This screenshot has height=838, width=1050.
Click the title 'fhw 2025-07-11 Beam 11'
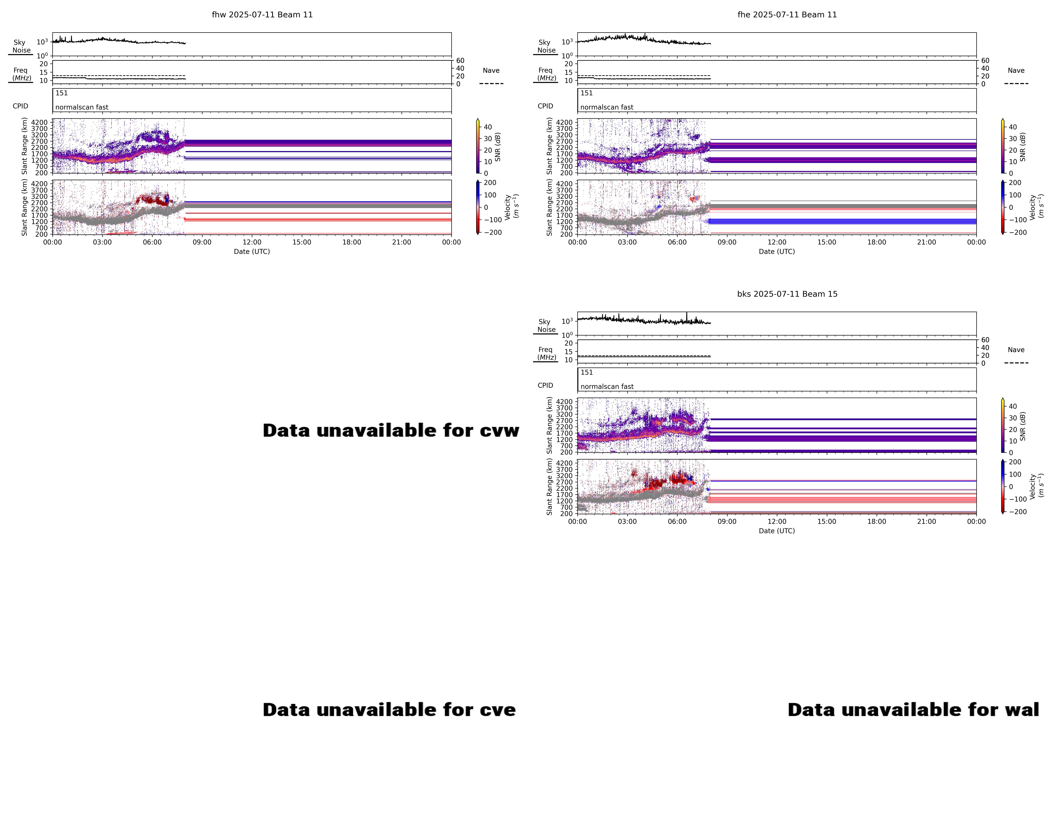[262, 15]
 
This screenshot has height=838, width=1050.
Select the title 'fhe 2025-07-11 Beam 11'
[787, 15]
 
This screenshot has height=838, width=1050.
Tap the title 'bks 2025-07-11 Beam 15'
[787, 294]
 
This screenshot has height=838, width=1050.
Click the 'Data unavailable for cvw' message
[391, 430]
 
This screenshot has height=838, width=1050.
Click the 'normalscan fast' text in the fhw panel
[82, 107]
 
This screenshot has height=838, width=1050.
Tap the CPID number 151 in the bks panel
[587, 372]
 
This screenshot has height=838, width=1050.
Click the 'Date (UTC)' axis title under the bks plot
[777, 530]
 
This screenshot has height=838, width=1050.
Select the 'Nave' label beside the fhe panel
[1016, 71]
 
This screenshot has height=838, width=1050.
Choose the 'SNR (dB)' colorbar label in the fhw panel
[498, 147]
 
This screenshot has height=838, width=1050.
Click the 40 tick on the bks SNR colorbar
[1012, 406]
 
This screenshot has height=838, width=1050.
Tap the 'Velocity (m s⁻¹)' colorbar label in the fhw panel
[511, 207]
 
